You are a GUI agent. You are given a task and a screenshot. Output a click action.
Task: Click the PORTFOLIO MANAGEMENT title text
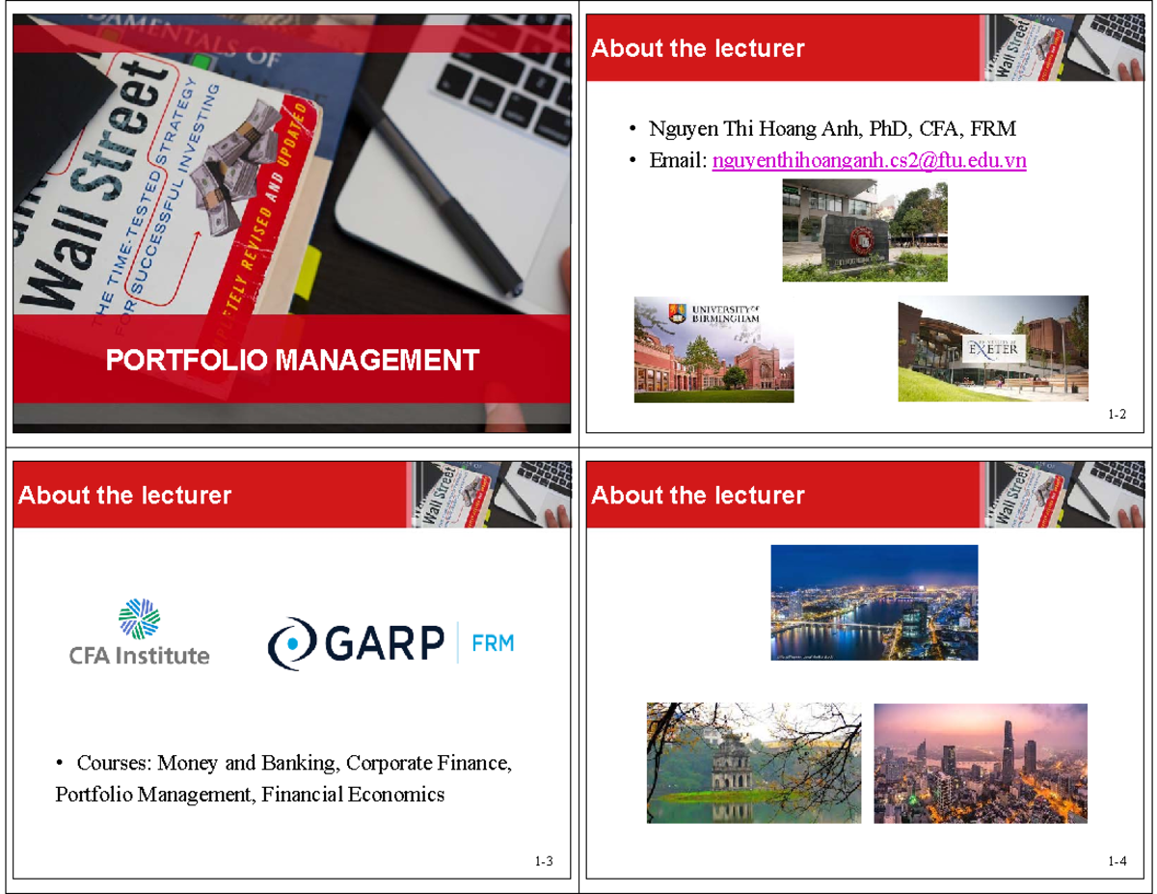click(292, 361)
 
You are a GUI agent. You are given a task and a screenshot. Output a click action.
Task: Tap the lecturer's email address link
click(869, 161)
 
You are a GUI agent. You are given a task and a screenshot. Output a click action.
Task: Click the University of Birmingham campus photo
click(713, 349)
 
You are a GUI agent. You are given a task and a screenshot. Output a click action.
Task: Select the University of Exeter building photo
click(993, 350)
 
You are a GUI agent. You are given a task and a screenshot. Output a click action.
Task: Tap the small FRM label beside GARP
click(492, 642)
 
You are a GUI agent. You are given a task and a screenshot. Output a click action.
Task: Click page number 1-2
click(1117, 415)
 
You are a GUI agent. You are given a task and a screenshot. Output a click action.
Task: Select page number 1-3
click(544, 861)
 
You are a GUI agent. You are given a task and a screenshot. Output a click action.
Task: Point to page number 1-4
click(1117, 861)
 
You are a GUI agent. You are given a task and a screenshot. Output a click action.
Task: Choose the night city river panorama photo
click(874, 602)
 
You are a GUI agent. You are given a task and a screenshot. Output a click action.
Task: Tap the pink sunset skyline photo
click(981, 763)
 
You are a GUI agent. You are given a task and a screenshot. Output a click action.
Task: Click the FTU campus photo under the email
click(865, 233)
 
